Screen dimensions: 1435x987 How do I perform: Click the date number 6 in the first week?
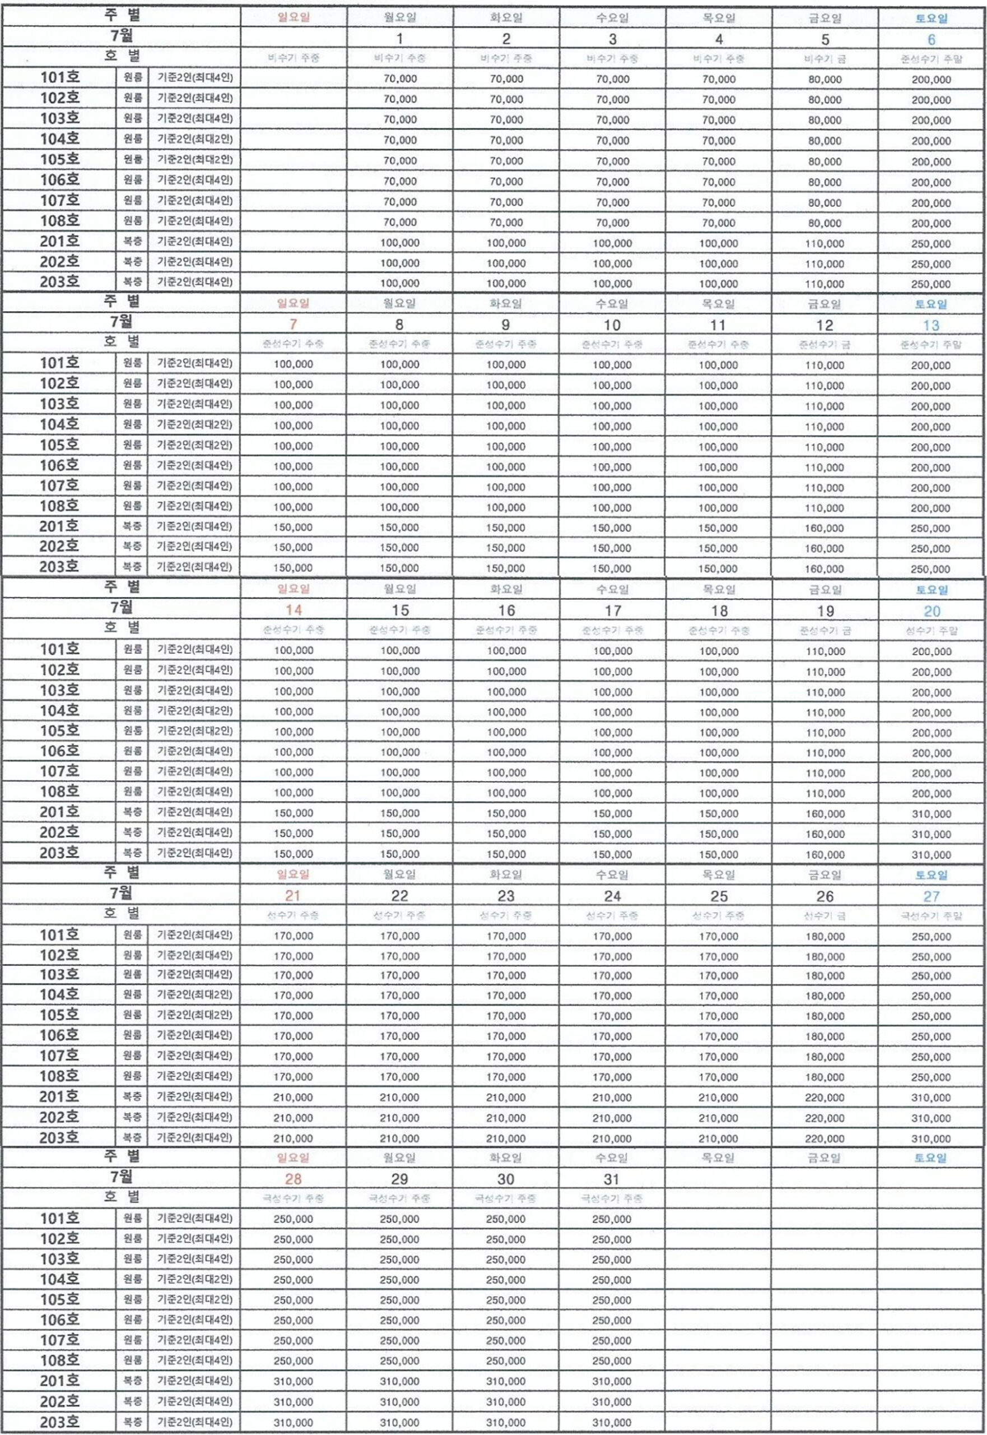click(931, 40)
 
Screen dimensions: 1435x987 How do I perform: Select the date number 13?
click(931, 326)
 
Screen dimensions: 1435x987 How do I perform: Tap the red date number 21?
click(293, 896)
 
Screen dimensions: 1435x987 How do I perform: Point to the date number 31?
click(612, 1179)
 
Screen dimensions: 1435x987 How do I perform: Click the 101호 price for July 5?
click(825, 79)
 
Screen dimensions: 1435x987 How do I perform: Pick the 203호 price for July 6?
click(931, 284)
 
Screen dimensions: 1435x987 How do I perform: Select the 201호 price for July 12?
click(825, 528)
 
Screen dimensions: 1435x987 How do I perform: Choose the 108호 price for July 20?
click(931, 793)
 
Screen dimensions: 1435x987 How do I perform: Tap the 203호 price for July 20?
click(931, 855)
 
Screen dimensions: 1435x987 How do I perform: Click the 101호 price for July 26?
click(825, 936)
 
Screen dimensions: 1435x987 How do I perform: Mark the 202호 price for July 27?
click(931, 1118)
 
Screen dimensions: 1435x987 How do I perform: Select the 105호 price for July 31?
click(612, 1300)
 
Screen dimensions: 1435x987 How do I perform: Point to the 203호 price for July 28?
click(293, 1423)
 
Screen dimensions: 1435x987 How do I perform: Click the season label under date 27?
click(931, 916)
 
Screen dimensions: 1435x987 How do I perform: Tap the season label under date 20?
click(931, 631)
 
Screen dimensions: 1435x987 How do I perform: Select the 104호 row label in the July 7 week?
click(59, 424)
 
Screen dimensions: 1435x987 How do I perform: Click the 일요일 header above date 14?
click(293, 589)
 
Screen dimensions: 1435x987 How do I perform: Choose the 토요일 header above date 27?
click(931, 875)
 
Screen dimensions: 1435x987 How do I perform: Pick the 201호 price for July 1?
click(399, 243)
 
